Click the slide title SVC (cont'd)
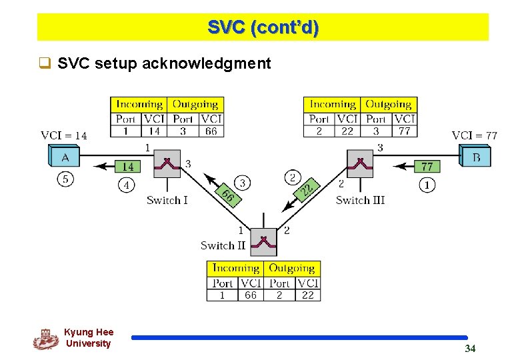(x=263, y=27)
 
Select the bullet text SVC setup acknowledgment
(x=164, y=63)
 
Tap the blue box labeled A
(x=65, y=157)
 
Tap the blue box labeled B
(x=476, y=157)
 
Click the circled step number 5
(x=65, y=179)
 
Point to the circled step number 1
(x=427, y=184)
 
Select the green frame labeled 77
(x=427, y=166)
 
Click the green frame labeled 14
(x=127, y=166)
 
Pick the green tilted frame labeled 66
(x=227, y=195)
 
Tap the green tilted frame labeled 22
(x=306, y=190)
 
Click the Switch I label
(x=167, y=200)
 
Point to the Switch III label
(x=360, y=200)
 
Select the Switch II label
(x=223, y=245)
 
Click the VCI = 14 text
(x=64, y=135)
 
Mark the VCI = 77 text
(x=475, y=135)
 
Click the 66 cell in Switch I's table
(x=211, y=131)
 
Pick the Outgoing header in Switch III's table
(x=388, y=104)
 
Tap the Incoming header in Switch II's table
(x=235, y=268)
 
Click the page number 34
(x=470, y=348)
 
